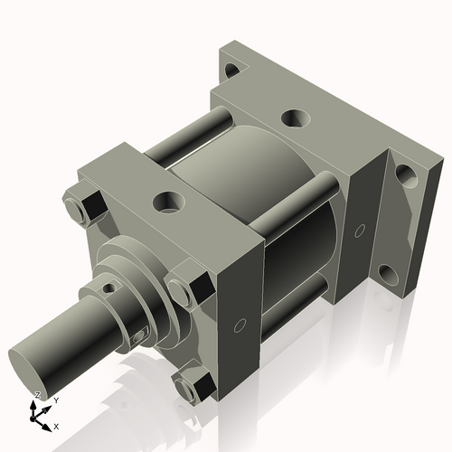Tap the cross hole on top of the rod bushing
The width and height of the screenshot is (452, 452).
click(x=109, y=288)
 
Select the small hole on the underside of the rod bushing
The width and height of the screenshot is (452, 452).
click(x=138, y=336)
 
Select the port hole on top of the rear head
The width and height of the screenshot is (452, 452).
click(x=293, y=118)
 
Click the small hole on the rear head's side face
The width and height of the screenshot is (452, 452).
click(x=360, y=232)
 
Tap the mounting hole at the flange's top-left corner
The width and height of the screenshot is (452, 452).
click(x=233, y=69)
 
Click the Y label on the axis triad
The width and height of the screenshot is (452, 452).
click(x=55, y=399)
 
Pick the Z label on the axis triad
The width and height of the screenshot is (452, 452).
click(x=36, y=395)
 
